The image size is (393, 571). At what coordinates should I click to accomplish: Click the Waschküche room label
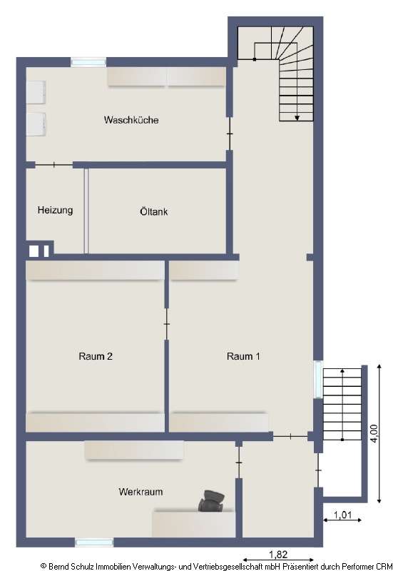[131, 120]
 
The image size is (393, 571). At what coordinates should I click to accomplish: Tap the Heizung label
[55, 211]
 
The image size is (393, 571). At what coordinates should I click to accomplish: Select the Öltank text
[153, 211]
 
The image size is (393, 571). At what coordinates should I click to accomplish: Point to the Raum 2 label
[96, 357]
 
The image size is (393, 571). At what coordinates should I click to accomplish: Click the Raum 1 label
[243, 357]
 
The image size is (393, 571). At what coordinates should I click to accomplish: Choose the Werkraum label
[141, 492]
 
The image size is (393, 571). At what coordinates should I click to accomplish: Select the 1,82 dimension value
[278, 553]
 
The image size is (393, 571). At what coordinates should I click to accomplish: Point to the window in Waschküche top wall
[88, 62]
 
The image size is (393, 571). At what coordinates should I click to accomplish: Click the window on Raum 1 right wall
[317, 379]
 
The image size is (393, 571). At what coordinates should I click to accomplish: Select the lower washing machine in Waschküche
[36, 123]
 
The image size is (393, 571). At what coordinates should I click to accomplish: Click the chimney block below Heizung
[38, 251]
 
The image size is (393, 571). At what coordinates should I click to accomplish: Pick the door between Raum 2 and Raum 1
[166, 324]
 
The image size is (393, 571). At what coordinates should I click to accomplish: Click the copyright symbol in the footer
[43, 565]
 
